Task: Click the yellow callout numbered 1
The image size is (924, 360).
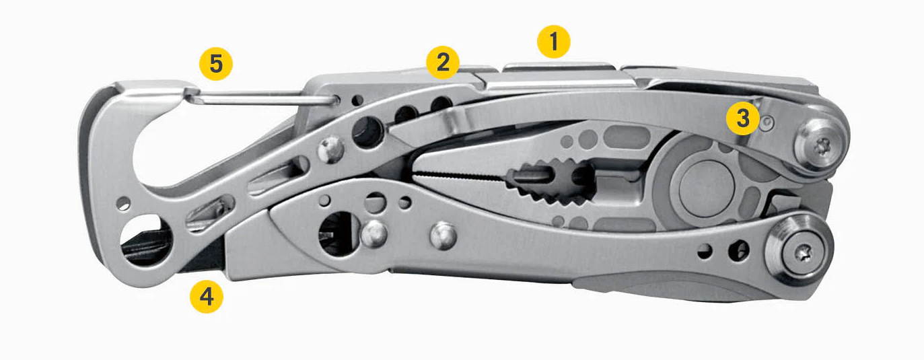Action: coord(554,42)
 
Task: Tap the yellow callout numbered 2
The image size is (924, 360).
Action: coord(443,63)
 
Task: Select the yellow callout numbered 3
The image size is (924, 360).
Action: coord(742,118)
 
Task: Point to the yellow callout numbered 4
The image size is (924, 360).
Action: coord(206,296)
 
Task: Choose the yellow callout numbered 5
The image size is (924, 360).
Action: coord(216,64)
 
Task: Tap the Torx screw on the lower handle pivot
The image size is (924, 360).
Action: coord(804,252)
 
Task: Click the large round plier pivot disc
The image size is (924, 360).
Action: coord(707,188)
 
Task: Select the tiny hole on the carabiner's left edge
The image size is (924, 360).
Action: coord(123,203)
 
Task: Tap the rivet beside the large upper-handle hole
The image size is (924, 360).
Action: coord(331,149)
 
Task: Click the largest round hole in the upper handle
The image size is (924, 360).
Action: coord(367,132)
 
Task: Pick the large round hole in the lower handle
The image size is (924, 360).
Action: coord(339,233)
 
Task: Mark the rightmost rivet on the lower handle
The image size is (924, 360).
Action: coord(443,236)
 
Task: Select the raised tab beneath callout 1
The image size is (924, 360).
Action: coord(559,67)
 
